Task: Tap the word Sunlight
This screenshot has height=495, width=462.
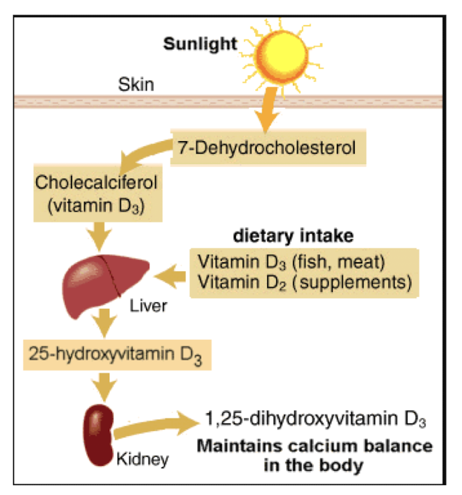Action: click(x=200, y=44)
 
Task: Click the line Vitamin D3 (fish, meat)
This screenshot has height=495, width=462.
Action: click(x=292, y=262)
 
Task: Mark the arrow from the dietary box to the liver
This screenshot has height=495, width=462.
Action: click(x=172, y=278)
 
